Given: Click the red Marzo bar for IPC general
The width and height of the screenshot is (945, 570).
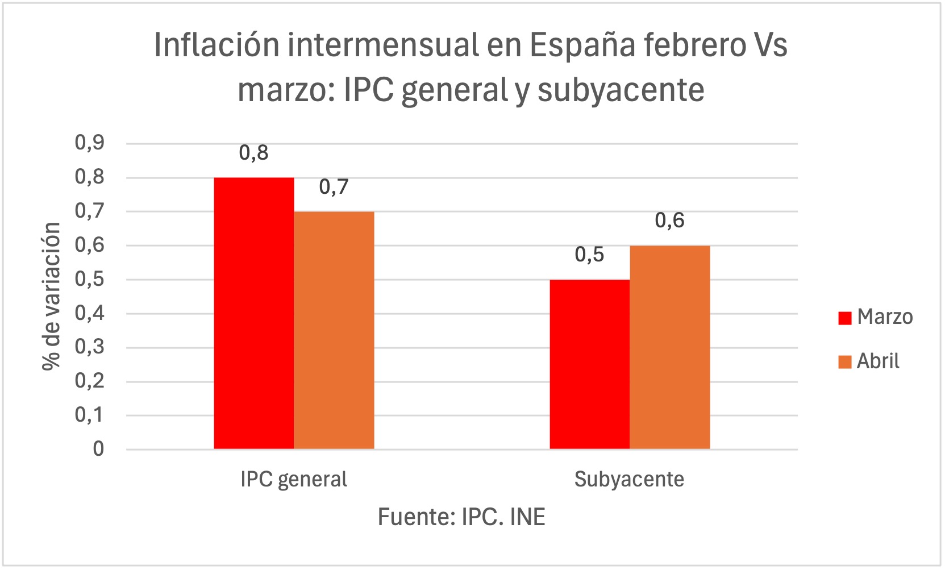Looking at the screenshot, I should click(x=253, y=313).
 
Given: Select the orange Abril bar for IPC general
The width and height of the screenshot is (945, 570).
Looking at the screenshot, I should click(x=334, y=330).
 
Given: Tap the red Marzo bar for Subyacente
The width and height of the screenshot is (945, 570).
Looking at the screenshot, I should click(x=589, y=364).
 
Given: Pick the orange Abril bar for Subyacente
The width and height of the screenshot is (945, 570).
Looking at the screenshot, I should click(x=669, y=347).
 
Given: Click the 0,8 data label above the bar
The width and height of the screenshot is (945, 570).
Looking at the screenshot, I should click(x=253, y=153).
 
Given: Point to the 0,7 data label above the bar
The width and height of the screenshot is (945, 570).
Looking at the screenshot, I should click(x=334, y=187).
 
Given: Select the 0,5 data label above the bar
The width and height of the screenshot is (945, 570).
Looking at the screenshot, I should click(x=589, y=255).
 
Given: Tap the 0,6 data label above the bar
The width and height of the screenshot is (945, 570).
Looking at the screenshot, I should click(x=669, y=220).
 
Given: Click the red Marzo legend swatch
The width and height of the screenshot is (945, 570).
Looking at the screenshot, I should click(x=844, y=318).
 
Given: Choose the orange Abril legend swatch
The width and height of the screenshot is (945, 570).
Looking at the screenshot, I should click(x=844, y=362).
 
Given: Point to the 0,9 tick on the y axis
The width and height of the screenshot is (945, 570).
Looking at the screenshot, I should click(x=90, y=143).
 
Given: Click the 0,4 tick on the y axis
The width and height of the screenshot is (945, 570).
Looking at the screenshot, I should click(x=90, y=313).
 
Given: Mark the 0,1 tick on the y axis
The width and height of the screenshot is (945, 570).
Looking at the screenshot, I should click(x=90, y=415).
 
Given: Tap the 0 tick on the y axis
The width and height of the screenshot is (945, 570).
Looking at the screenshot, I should click(x=98, y=450).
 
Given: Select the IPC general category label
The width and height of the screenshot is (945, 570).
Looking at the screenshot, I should click(x=293, y=480).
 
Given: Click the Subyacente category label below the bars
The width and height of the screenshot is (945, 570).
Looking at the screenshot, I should click(x=629, y=480).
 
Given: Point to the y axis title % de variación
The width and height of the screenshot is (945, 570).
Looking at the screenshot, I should click(x=51, y=296).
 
